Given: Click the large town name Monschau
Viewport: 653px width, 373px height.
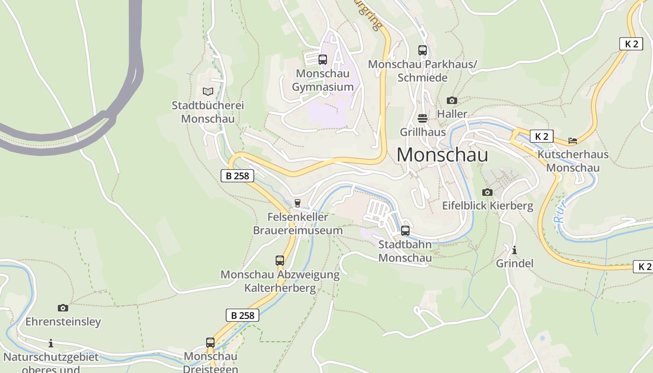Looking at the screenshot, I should tap(442, 155).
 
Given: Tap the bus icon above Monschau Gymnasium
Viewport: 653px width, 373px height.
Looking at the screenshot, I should tap(322, 60).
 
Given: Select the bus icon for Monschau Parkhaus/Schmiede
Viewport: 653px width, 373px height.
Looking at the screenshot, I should tap(423, 50).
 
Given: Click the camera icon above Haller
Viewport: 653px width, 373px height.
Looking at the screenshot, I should tap(452, 100).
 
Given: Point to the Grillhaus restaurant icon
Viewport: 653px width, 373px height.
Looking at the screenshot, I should tap(423, 118).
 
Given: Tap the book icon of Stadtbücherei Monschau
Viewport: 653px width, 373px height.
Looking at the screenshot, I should tap(208, 91).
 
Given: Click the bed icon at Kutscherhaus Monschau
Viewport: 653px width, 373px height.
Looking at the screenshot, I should tap(572, 140).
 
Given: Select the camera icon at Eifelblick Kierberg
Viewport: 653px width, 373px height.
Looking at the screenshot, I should tap(487, 192).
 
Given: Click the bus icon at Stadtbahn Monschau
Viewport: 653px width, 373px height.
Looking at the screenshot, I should tap(405, 230).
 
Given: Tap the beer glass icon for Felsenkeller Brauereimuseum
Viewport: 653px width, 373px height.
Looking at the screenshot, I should tap(297, 203).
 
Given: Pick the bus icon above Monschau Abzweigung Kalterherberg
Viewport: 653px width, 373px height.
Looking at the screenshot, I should tap(280, 261).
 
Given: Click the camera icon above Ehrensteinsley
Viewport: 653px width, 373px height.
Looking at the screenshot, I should tap(63, 308).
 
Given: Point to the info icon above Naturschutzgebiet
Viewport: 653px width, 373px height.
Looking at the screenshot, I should tap(51, 344).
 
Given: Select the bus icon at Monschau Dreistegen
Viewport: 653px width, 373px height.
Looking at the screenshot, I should tap(210, 343).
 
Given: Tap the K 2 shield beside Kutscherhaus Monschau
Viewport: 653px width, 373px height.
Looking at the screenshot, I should tap(542, 136).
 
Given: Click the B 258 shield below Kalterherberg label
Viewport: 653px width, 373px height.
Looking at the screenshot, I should tap(243, 315).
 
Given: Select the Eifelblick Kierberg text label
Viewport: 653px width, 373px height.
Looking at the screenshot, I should tap(487, 206).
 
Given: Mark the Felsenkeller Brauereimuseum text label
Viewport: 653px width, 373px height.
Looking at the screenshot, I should tap(298, 224).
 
